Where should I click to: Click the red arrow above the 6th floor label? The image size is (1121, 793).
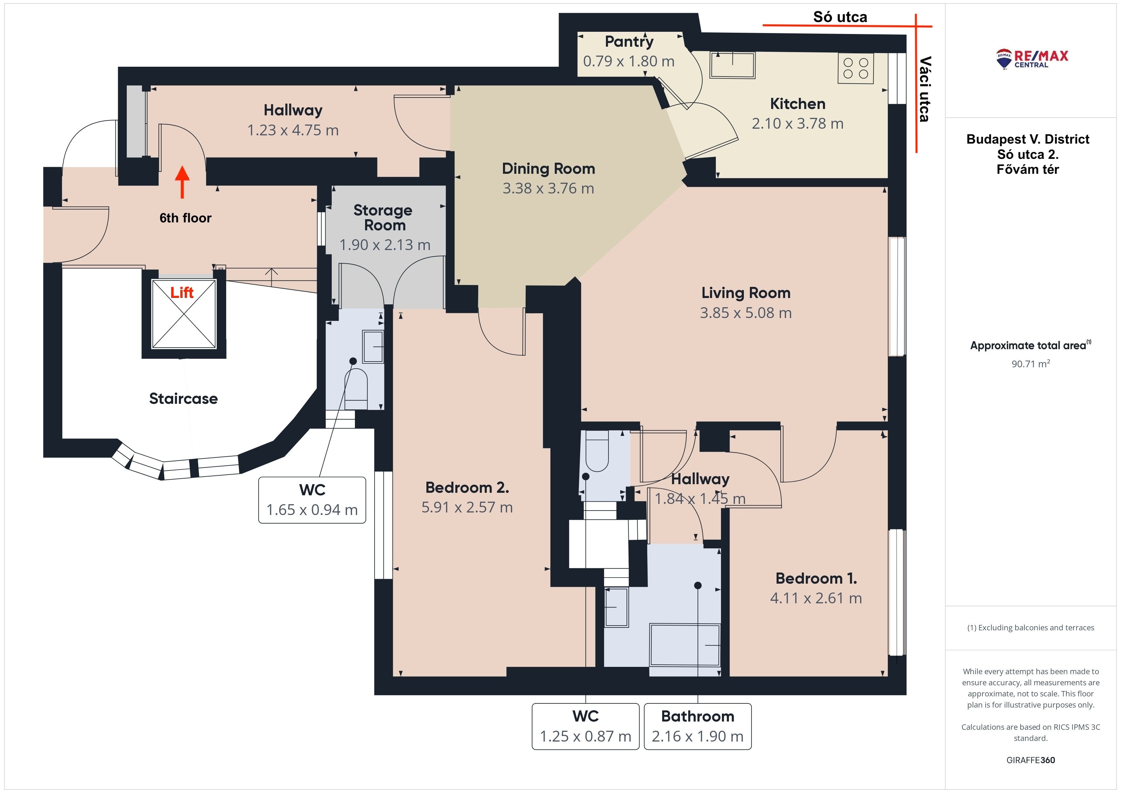coord(182,182)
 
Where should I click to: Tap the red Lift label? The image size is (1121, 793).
coord(182,293)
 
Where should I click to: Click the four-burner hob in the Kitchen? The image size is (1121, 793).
coord(856,68)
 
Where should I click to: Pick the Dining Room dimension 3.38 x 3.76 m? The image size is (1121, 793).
coord(548,188)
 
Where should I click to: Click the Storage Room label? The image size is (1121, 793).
coord(383,218)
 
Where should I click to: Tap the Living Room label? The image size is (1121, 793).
coord(745,293)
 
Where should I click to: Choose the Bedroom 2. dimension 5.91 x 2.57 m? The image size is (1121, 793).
coord(467,507)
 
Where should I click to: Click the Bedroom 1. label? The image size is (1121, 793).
coord(816,579)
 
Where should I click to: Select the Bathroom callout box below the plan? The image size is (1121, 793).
coord(698,726)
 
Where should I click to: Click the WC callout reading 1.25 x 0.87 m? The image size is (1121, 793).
coord(585,726)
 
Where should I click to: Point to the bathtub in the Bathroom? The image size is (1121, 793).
coord(685,645)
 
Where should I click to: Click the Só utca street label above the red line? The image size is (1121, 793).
coord(840,17)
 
